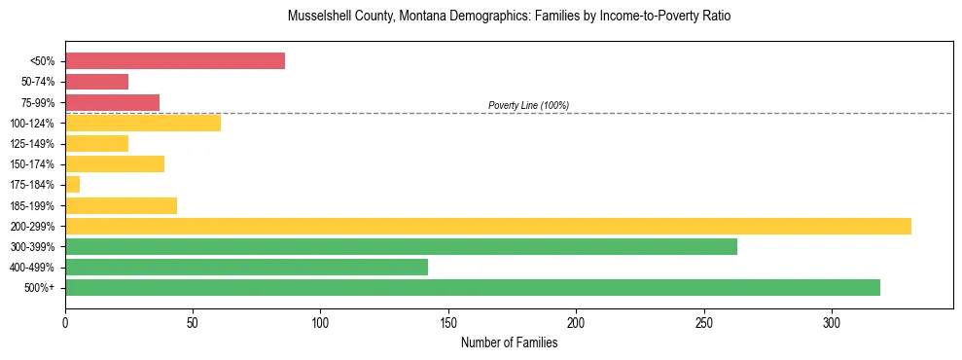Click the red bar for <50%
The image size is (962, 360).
click(175, 61)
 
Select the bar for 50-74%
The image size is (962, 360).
click(97, 82)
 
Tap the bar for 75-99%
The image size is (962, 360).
click(113, 102)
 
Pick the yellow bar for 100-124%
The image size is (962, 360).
click(143, 123)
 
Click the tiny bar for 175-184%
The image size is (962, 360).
click(73, 185)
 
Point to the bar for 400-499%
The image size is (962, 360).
click(247, 267)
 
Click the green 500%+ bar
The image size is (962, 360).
click(473, 287)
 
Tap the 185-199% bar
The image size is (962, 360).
click(122, 205)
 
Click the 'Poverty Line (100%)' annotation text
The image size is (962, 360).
click(528, 105)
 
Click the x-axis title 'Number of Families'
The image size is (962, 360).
click(509, 342)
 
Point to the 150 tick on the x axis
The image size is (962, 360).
click(448, 320)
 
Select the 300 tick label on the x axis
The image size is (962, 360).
click(832, 320)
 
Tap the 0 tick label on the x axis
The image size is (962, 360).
click(65, 320)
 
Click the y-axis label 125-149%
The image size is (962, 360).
click(32, 144)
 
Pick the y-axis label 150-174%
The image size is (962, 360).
click(32, 164)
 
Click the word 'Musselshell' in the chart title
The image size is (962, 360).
click(318, 17)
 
